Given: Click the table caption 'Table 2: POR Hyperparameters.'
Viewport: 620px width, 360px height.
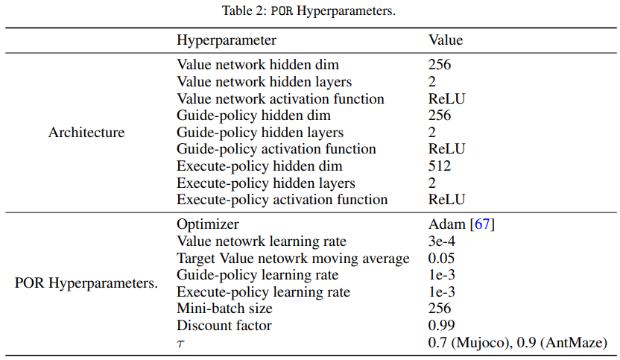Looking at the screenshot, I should (x=310, y=10).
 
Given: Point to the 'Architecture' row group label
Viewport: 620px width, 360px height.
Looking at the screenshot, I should (x=86, y=133).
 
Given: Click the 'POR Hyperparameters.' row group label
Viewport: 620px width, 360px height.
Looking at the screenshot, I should (x=86, y=284).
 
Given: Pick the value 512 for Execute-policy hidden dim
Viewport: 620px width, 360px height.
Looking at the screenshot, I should (x=440, y=166).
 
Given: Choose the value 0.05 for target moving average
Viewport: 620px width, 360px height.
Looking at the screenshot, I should (x=442, y=259).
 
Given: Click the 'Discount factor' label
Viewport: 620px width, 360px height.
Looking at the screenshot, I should (x=224, y=326).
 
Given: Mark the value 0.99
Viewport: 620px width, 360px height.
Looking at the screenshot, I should (x=442, y=326).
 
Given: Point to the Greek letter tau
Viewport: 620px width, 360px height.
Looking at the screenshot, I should (x=180, y=344).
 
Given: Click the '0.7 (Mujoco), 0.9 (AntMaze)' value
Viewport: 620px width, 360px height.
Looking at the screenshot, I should (x=517, y=343).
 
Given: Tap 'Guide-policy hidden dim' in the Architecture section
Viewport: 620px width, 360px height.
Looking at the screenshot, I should (x=253, y=116).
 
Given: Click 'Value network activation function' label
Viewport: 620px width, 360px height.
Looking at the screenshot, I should (x=280, y=99).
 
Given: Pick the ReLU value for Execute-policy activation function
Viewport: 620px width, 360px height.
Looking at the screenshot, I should (x=447, y=200).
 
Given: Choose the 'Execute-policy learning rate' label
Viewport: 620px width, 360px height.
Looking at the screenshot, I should (x=263, y=292).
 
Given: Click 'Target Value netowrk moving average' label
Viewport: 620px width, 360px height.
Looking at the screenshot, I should (x=293, y=259).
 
